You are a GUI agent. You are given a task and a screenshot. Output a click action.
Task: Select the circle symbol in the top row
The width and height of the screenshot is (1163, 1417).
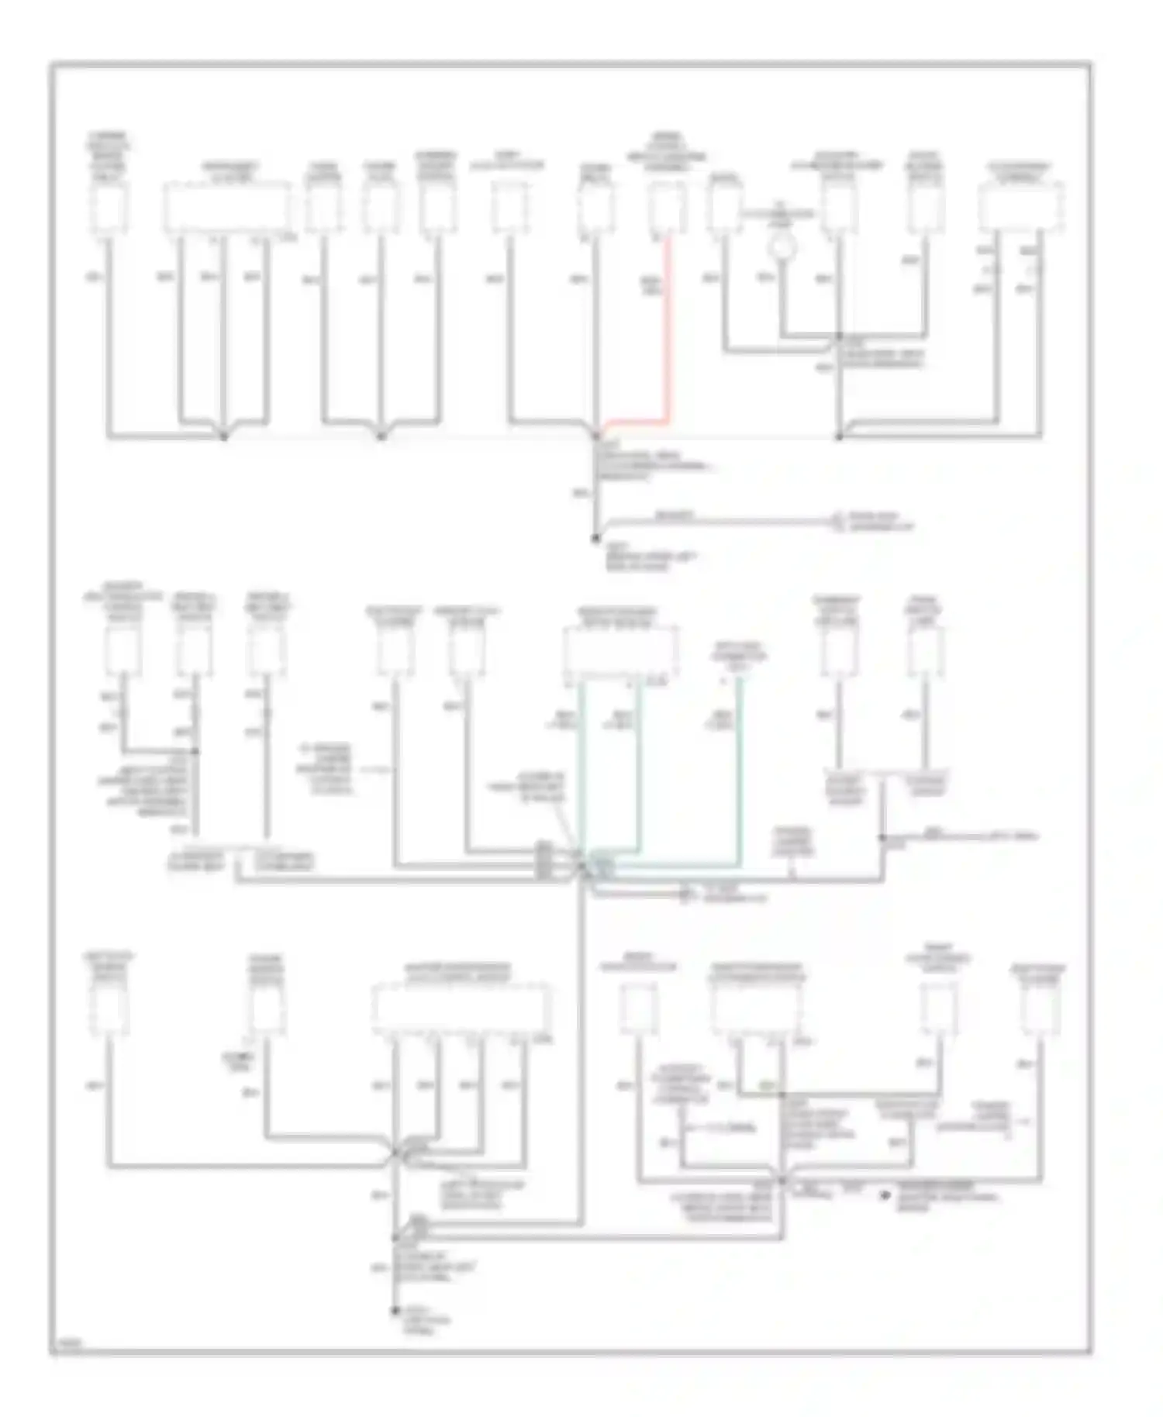point(782,248)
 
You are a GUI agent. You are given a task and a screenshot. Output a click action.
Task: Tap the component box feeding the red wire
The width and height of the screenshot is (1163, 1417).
point(666,209)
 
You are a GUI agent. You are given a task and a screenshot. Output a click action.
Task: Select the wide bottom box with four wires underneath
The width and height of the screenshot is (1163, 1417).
point(462,1009)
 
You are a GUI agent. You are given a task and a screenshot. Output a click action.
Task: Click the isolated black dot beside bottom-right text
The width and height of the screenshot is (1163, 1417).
point(883,1196)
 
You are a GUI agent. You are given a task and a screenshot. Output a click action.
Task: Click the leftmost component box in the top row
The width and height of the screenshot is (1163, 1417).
point(109,209)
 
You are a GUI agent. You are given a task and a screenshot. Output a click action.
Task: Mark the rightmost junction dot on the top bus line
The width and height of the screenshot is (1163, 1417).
point(839,437)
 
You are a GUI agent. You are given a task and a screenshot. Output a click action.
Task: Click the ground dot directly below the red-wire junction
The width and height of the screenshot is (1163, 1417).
point(595,538)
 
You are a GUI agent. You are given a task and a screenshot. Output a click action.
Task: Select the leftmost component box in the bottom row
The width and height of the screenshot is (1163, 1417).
point(109,1009)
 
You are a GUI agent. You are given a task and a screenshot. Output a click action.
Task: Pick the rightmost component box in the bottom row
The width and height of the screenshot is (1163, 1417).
point(1040,1009)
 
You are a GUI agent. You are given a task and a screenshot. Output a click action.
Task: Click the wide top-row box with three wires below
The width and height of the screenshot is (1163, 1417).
point(226,208)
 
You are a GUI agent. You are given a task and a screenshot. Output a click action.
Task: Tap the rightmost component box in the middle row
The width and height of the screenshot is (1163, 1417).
point(925,651)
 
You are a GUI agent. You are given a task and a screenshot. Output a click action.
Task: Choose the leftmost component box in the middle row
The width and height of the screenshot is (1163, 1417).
point(123,651)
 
